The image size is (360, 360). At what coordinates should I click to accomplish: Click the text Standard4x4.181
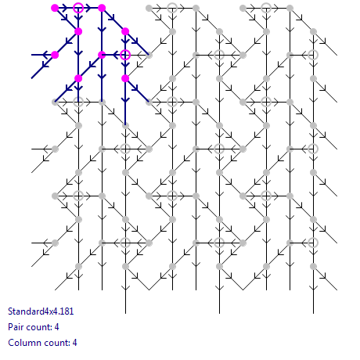click(x=41, y=311)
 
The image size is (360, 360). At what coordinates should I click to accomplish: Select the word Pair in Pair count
click(x=16, y=327)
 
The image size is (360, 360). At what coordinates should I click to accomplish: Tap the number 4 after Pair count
click(x=56, y=327)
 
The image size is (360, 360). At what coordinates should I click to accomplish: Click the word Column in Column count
click(x=22, y=343)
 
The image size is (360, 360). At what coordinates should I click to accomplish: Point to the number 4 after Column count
click(x=74, y=343)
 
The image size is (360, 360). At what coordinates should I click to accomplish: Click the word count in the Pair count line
click(x=38, y=327)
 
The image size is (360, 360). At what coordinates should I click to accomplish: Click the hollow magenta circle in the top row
click(x=78, y=8)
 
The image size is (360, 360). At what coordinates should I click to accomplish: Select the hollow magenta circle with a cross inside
click(x=125, y=55)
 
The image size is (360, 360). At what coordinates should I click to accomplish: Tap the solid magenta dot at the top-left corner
click(x=55, y=8)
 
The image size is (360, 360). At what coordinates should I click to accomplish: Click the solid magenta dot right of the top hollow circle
click(x=102, y=8)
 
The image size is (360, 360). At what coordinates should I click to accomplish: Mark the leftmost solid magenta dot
click(x=55, y=55)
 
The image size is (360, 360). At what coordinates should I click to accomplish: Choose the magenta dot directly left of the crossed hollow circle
click(x=102, y=55)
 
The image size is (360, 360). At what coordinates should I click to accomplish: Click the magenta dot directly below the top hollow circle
click(x=78, y=31)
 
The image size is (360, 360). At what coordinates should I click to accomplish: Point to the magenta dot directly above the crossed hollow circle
click(x=125, y=31)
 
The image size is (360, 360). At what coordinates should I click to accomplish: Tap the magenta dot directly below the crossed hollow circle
click(x=125, y=78)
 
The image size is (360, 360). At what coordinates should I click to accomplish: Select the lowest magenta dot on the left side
click(x=78, y=78)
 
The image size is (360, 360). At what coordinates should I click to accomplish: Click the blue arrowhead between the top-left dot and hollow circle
click(x=65, y=8)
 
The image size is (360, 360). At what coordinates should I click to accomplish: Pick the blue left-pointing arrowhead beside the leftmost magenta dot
click(x=45, y=55)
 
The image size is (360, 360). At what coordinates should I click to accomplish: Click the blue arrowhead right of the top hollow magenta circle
click(x=88, y=8)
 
